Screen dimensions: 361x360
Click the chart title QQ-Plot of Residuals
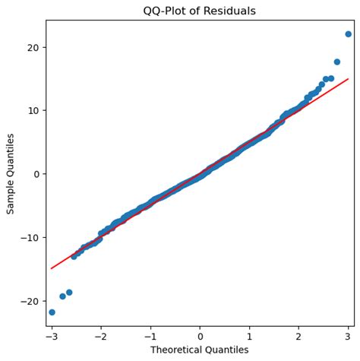click(x=200, y=11)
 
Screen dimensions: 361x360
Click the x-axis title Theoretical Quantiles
click(x=200, y=350)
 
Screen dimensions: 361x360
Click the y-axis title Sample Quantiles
click(x=11, y=174)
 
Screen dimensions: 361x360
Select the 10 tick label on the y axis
click(x=34, y=110)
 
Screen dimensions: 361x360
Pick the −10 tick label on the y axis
click(x=31, y=238)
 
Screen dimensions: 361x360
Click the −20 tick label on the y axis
click(x=31, y=301)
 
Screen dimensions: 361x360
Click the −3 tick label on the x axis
click(x=50, y=335)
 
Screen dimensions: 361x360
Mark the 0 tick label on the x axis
click(x=200, y=335)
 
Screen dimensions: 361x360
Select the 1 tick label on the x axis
click(x=249, y=335)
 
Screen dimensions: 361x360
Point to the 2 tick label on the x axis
click(x=298, y=335)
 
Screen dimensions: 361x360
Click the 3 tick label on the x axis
click(x=348, y=335)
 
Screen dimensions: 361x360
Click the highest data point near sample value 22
click(x=348, y=34)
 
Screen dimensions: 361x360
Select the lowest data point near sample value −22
click(x=52, y=312)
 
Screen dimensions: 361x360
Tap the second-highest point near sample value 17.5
click(x=336, y=62)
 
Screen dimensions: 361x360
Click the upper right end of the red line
click(x=348, y=79)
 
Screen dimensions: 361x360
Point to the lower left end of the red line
click(x=52, y=268)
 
